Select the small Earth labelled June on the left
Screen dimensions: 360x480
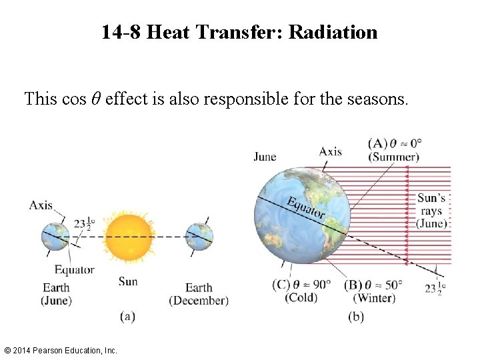(x=55, y=236)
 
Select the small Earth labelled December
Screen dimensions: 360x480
(x=199, y=236)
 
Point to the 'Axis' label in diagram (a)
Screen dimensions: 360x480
(x=41, y=205)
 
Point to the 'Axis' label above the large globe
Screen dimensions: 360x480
(x=330, y=151)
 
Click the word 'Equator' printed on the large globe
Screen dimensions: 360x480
(x=306, y=208)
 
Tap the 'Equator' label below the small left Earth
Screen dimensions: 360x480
(x=74, y=270)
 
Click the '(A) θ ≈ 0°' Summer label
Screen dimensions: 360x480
(x=395, y=150)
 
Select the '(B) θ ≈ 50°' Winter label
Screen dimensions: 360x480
(x=374, y=291)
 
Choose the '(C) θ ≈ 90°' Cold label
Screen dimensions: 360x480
(x=301, y=291)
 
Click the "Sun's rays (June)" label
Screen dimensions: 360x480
(x=431, y=211)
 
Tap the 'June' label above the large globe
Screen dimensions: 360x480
(x=265, y=157)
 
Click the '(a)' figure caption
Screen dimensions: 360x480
(x=127, y=317)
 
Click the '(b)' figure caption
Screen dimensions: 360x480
(x=356, y=317)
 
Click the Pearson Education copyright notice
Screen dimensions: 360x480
(x=61, y=350)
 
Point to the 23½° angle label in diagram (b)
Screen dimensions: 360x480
(x=434, y=289)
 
